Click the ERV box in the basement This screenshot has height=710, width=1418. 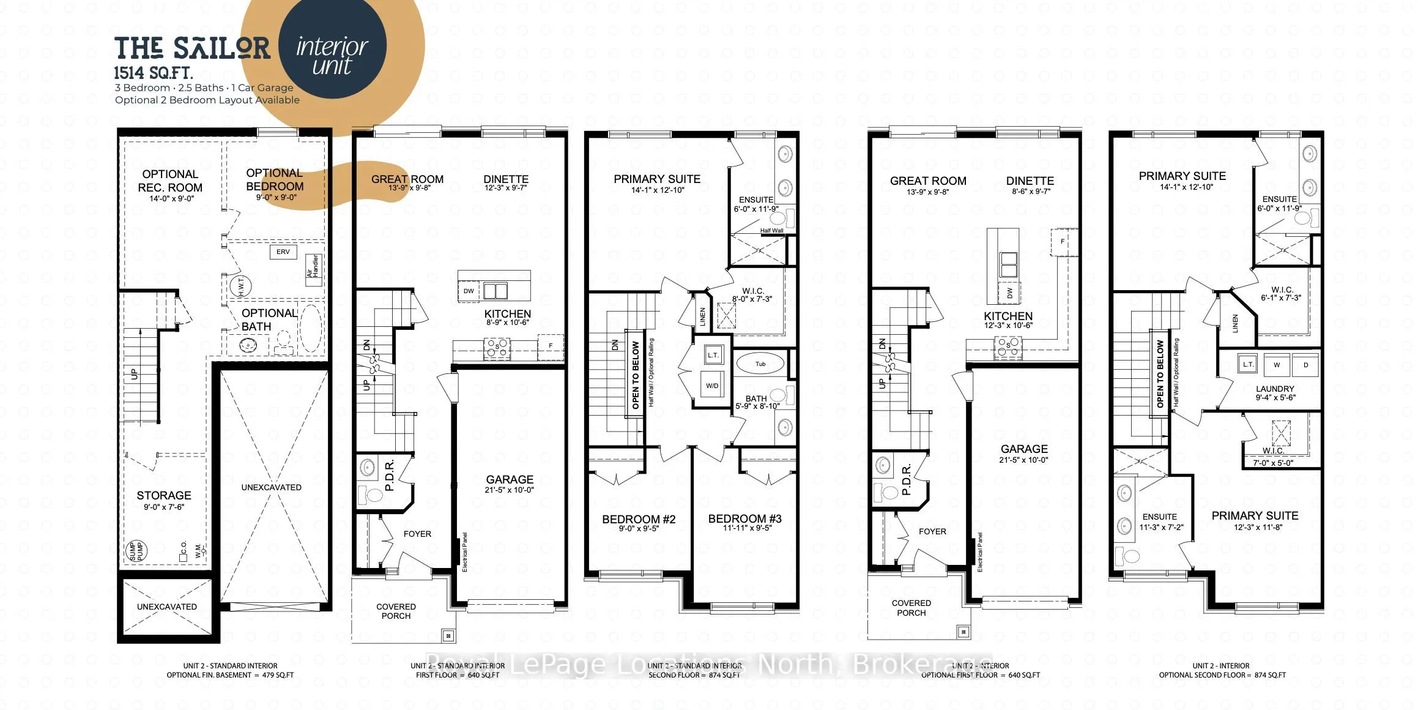click(x=283, y=252)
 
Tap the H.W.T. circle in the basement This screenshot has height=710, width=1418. click(x=240, y=286)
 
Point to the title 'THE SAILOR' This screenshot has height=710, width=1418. click(x=192, y=48)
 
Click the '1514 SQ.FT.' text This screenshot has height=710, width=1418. click(x=154, y=73)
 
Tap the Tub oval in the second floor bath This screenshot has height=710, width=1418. click(x=760, y=364)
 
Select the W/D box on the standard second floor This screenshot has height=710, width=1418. click(x=712, y=385)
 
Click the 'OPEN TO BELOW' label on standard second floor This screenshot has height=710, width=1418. click(x=635, y=375)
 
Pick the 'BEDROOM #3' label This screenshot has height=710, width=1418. click(x=744, y=518)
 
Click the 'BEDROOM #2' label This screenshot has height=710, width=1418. click(x=639, y=519)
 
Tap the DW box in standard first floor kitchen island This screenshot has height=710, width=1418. click(x=469, y=291)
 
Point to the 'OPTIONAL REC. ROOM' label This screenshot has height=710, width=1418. click(x=169, y=181)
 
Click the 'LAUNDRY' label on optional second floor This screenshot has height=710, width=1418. click(x=1275, y=389)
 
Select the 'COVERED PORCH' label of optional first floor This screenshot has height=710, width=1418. click(x=911, y=608)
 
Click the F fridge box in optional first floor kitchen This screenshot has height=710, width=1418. click(x=1062, y=241)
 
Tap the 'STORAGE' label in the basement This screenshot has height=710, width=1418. click(x=163, y=495)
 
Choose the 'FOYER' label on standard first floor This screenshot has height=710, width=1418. click(x=417, y=534)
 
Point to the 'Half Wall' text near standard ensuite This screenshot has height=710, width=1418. click(x=771, y=231)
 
